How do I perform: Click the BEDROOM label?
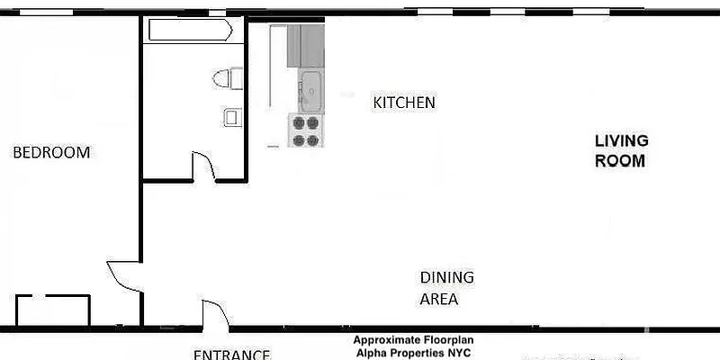click(51, 153)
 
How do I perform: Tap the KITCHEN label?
click(404, 103)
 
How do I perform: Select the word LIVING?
click(621, 141)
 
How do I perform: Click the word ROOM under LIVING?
click(621, 162)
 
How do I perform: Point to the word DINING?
click(446, 277)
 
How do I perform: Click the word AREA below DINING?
click(439, 299)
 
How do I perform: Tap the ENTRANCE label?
click(232, 354)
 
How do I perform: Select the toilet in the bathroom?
click(229, 78)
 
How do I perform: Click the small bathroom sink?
click(232, 117)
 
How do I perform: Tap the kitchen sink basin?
click(310, 90)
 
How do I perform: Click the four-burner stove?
click(305, 130)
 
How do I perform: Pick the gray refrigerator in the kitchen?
click(305, 46)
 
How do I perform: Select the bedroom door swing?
click(124, 274)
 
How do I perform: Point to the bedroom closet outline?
click(53, 309)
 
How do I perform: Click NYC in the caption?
click(457, 352)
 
